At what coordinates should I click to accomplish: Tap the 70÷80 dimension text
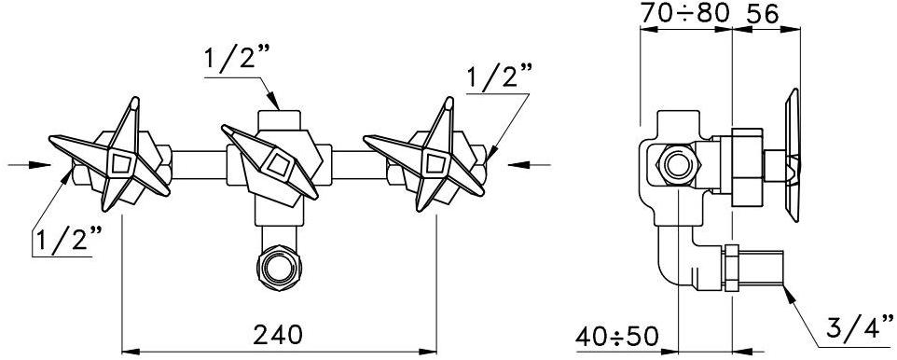(x=684, y=13)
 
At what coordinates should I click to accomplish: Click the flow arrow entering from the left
(x=30, y=165)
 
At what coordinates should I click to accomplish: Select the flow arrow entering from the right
(x=530, y=165)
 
